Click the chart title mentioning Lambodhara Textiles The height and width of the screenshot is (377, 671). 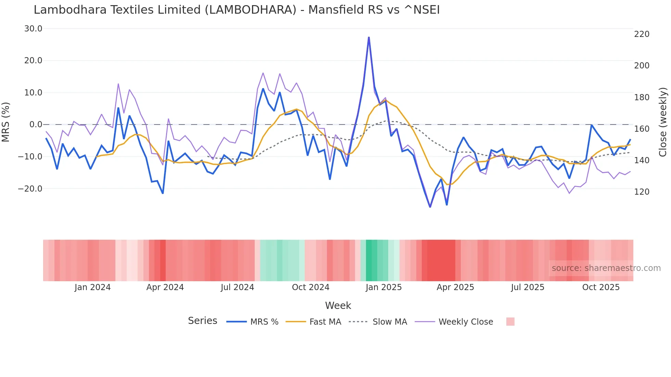tap(237, 10)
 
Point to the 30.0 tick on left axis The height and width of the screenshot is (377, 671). tap(33, 29)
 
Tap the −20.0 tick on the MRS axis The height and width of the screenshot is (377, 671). tap(30, 188)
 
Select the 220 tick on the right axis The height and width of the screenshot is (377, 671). tap(642, 34)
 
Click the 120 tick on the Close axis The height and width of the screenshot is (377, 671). tap(642, 192)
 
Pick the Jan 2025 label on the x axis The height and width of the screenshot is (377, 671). tap(383, 287)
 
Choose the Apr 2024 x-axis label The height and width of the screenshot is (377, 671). tap(165, 287)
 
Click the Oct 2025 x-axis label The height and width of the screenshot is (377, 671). tap(601, 287)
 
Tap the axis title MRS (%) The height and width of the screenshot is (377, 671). tap(6, 122)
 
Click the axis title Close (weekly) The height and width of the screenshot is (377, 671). tap(663, 122)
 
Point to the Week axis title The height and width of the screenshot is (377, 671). tap(338, 305)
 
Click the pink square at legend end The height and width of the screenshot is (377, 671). tap(510, 322)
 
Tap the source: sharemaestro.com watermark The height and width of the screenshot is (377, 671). tap(606, 268)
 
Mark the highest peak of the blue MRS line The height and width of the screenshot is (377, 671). tap(369, 37)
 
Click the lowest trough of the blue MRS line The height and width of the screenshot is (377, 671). tap(430, 207)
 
